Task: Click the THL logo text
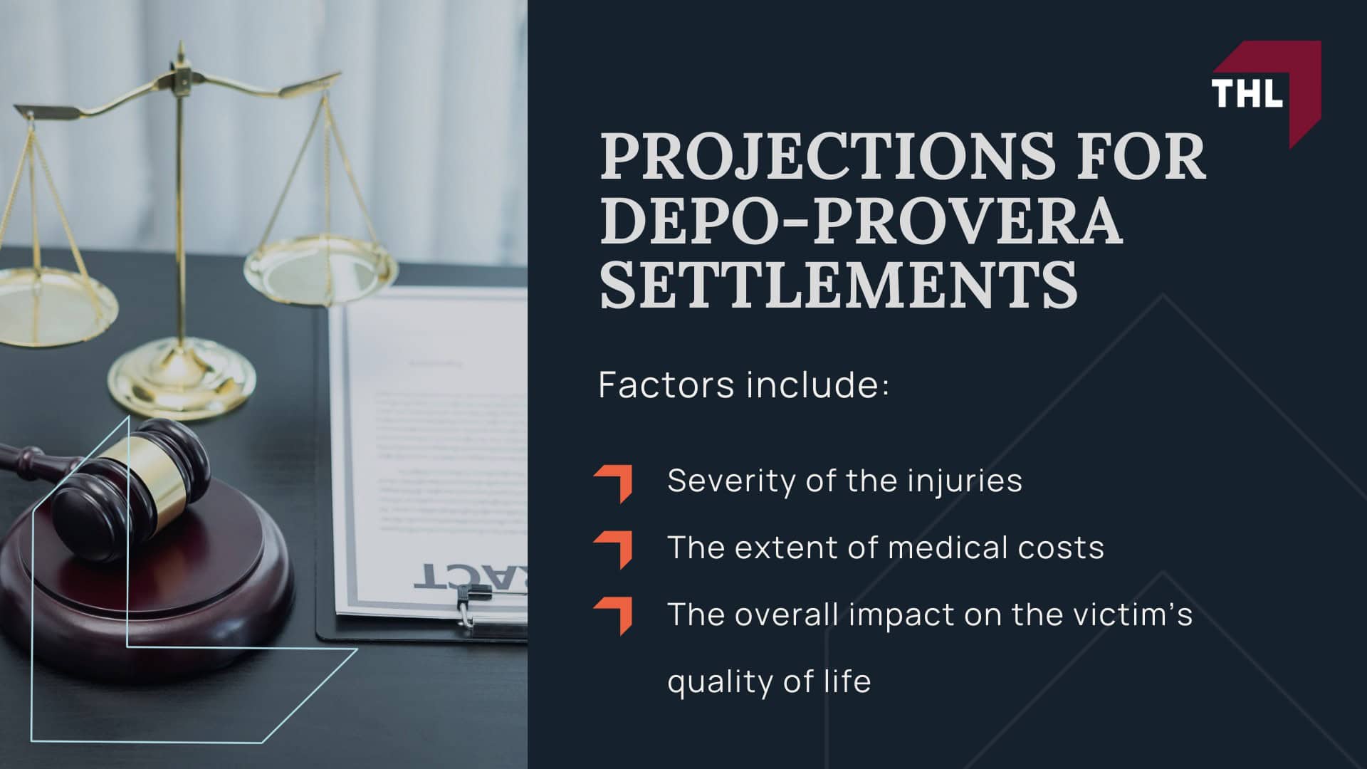point(1247,93)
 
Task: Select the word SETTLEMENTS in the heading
point(839,286)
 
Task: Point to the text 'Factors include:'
point(744,385)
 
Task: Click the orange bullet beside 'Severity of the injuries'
point(614,484)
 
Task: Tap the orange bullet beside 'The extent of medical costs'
point(614,550)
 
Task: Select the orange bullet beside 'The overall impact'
point(614,616)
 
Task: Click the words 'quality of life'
point(769,681)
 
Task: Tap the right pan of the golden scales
point(320,271)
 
